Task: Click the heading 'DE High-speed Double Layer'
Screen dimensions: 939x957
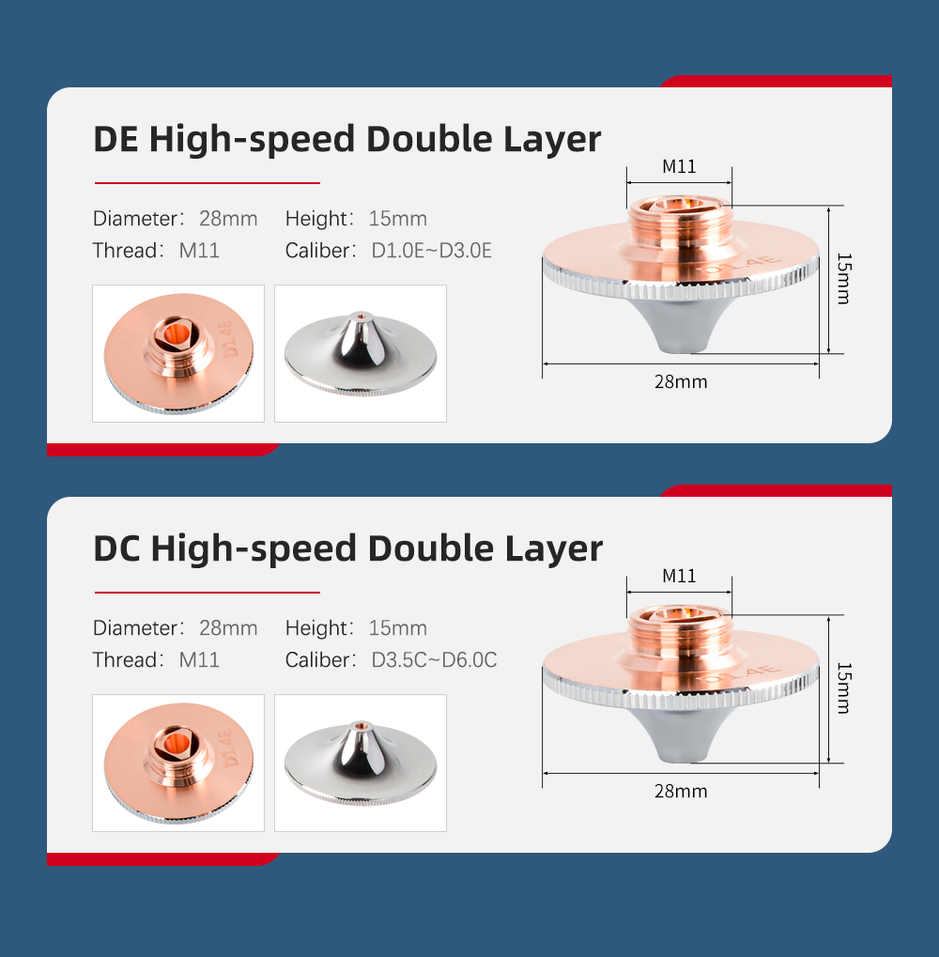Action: [346, 140]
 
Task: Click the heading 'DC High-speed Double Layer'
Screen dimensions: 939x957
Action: [347, 549]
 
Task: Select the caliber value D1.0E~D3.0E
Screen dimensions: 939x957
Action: [431, 250]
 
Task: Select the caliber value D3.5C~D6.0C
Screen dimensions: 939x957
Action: [434, 660]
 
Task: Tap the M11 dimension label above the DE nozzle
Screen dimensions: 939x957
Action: [679, 166]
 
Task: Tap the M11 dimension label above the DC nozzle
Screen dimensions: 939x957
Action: [679, 576]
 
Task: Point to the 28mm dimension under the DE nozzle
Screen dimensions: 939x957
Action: [681, 382]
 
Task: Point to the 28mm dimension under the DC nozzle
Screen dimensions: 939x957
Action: [681, 792]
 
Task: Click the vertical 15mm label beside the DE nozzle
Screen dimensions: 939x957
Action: [844, 278]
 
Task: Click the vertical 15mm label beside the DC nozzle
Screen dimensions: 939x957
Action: [844, 687]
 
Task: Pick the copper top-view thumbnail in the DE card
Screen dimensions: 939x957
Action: [178, 353]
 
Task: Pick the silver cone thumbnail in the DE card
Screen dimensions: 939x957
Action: [361, 353]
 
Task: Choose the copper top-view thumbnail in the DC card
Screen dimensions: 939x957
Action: [178, 763]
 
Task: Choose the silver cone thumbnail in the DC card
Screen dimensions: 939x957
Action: [361, 763]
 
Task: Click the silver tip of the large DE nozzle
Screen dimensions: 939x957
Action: [682, 327]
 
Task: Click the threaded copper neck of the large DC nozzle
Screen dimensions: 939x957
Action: [680, 635]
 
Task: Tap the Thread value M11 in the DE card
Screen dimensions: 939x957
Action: [199, 250]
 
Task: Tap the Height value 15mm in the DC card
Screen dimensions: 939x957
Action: [398, 628]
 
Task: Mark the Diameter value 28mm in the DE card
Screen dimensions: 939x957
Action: [228, 219]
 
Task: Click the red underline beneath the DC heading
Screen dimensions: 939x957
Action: [208, 592]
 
